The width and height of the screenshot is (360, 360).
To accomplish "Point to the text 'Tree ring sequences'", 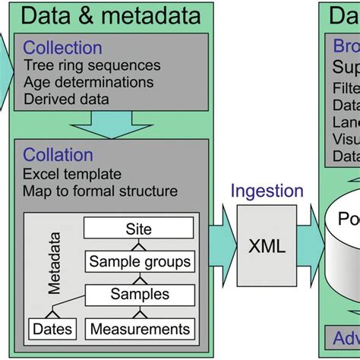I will [x=92, y=65].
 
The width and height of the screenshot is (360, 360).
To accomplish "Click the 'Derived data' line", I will [x=66, y=98].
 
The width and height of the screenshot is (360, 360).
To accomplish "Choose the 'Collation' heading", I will [x=58, y=155].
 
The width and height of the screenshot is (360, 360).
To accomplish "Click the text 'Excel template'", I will [x=72, y=174].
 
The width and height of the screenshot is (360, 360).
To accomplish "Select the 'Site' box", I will [x=138, y=229].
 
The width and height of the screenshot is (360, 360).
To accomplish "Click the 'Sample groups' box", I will [x=140, y=262].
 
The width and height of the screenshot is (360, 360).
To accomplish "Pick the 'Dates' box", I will [x=53, y=328].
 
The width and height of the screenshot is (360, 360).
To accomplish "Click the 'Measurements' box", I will [x=138, y=328].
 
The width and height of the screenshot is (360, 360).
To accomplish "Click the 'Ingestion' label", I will [x=267, y=191].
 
